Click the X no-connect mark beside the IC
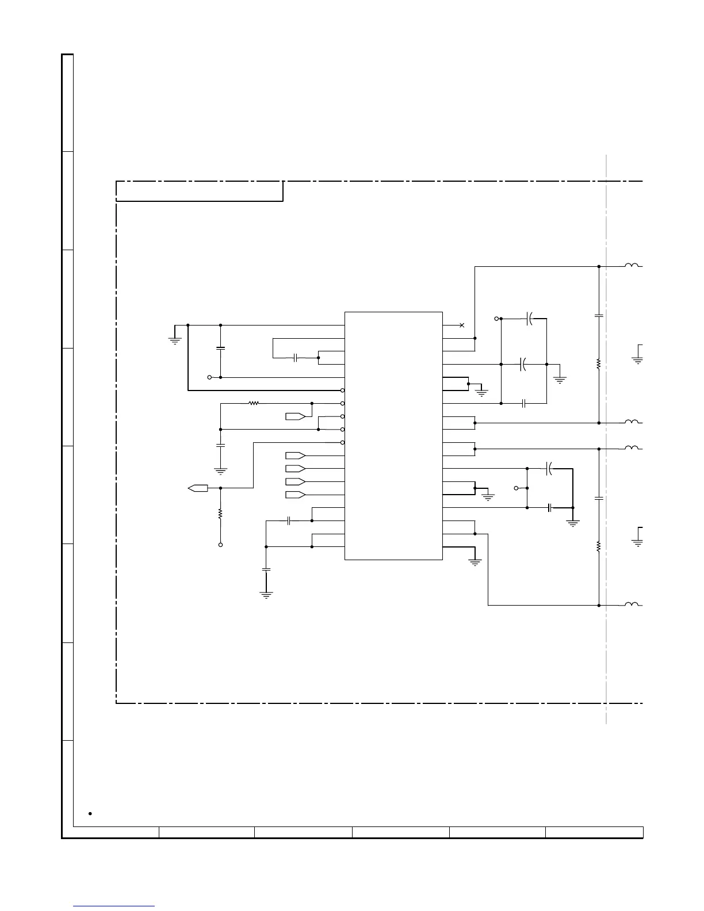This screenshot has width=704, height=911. tap(462, 326)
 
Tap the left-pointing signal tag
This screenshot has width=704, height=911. tap(198, 488)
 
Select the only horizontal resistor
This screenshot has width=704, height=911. tap(254, 403)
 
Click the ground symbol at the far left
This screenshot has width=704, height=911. tap(174, 339)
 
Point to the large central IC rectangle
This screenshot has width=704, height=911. tap(393, 435)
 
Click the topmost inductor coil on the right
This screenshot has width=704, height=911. tap(632, 265)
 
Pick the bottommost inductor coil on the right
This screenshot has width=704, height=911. tap(632, 604)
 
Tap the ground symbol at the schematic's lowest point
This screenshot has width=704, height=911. tap(266, 595)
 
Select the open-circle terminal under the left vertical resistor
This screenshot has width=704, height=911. tap(220, 545)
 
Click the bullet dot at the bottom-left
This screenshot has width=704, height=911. tap(90, 814)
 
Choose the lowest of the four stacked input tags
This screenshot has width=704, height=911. tap(295, 495)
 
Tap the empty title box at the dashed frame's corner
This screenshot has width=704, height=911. tap(199, 191)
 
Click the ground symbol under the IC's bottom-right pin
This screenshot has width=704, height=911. tap(475, 562)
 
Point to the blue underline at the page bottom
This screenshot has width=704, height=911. tap(114, 906)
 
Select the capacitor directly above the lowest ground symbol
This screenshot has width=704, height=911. tap(266, 569)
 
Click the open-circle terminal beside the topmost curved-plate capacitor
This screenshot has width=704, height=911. tap(496, 318)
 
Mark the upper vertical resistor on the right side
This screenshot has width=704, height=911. tap(599, 364)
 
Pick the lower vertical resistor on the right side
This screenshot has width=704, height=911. tap(599, 546)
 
